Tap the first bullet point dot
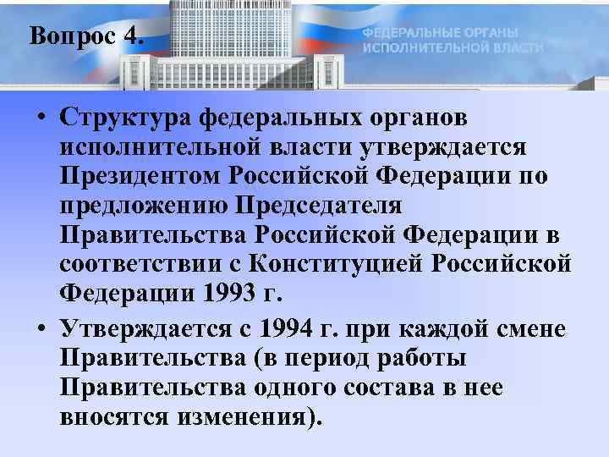pyautogui.click(x=41, y=118)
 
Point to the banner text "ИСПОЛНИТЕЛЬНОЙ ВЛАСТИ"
pyautogui.click(x=453, y=47)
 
